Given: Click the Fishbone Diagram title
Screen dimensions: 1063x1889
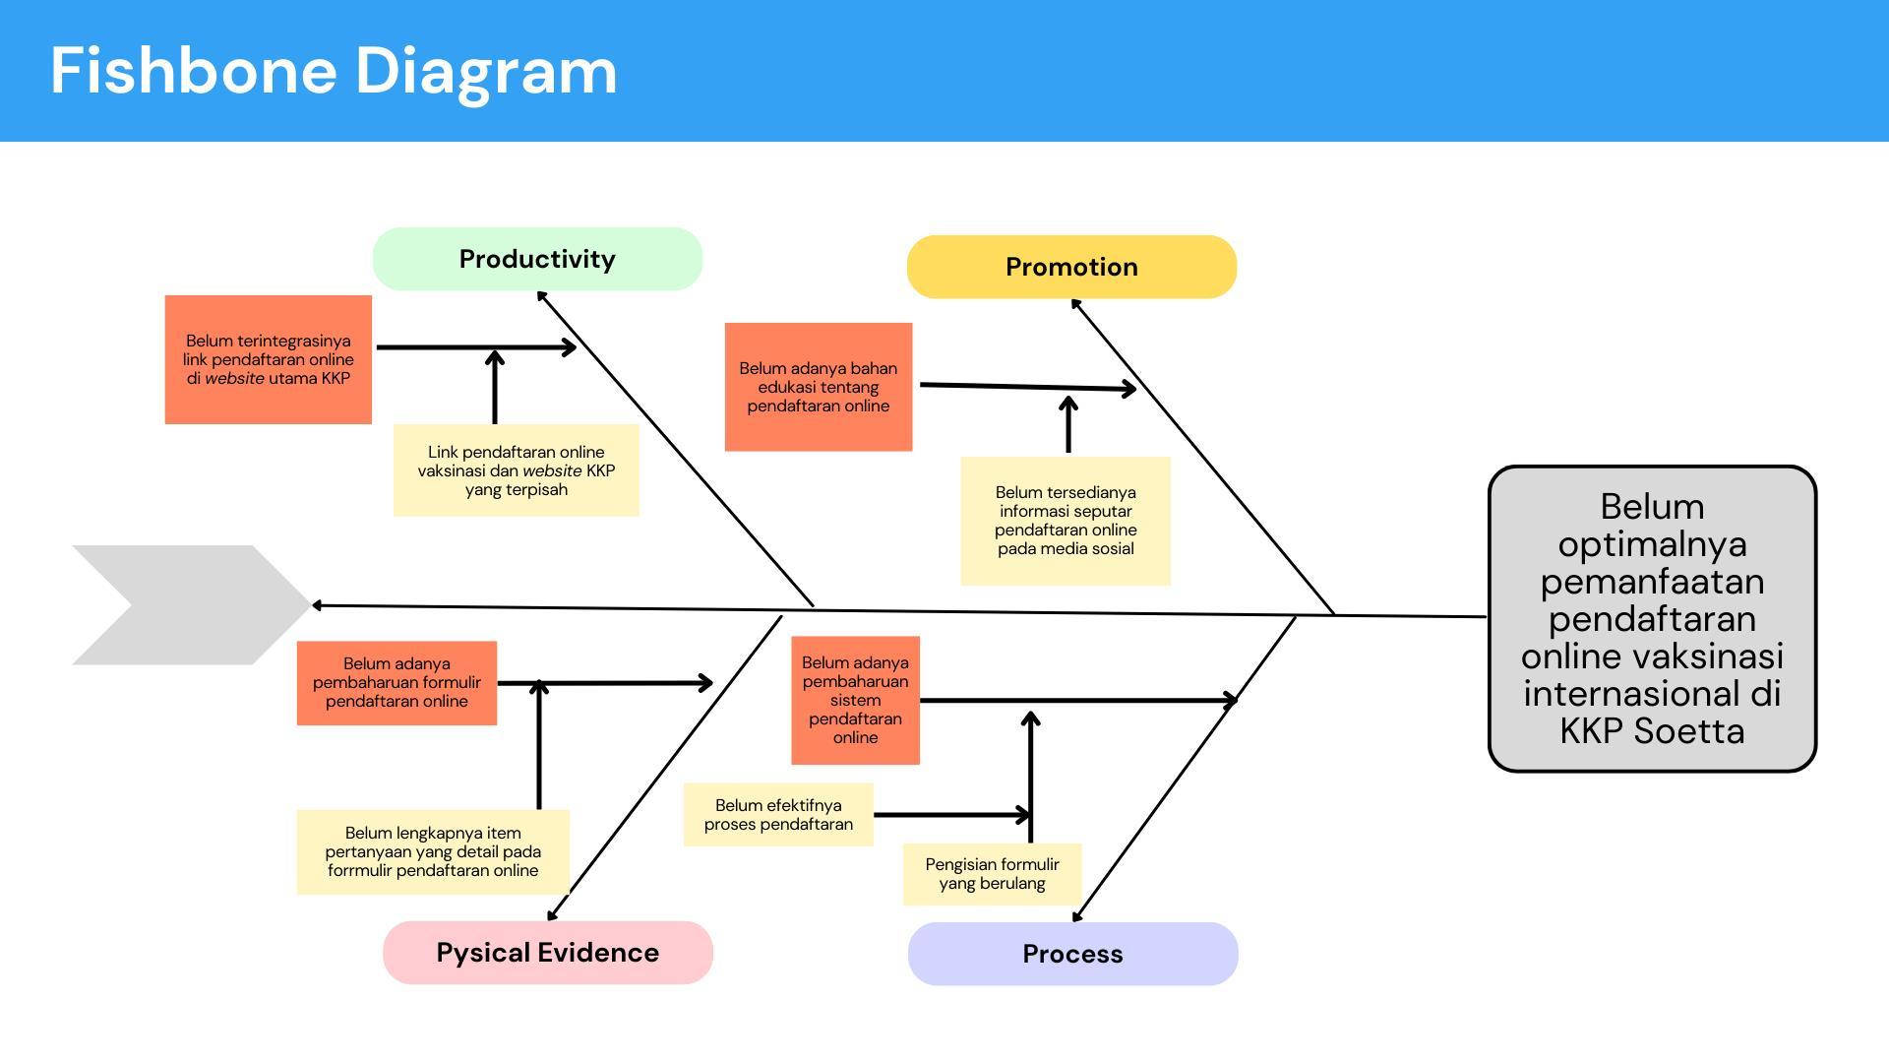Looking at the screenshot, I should pyautogui.click(x=334, y=71).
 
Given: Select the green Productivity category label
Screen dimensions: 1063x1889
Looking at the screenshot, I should pyautogui.click(x=537, y=259).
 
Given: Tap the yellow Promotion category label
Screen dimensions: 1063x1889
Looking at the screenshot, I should pyautogui.click(x=1071, y=267).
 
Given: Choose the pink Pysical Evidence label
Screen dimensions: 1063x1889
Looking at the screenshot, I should pyautogui.click(x=547, y=953).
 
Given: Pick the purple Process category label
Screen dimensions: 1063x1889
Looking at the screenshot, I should pyautogui.click(x=1072, y=954).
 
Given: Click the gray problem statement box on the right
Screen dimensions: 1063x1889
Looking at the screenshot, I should pyautogui.click(x=1652, y=618).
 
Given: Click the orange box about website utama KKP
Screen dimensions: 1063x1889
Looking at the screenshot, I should pyautogui.click(x=268, y=359).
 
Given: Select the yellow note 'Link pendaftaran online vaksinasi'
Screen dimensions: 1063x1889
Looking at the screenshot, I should pyautogui.click(x=516, y=470).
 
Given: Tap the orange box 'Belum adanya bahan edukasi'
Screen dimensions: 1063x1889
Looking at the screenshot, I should pyautogui.click(x=818, y=387).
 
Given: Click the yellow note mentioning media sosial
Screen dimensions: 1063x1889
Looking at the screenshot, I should pyautogui.click(x=1066, y=521).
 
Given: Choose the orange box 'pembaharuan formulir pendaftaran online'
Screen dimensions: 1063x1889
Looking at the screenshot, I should pyautogui.click(x=396, y=683).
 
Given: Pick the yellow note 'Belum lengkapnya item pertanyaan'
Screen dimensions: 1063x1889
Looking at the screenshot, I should pyautogui.click(x=433, y=852).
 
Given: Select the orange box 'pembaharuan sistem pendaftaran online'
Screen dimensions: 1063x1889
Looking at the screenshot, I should pyautogui.click(x=855, y=700).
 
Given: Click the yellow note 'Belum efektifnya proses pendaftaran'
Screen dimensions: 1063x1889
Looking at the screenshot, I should pyautogui.click(x=778, y=815).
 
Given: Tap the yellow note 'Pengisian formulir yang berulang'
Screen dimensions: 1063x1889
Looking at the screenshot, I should pyautogui.click(x=992, y=874).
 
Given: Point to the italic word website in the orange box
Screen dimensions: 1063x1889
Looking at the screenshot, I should pyautogui.click(x=234, y=379).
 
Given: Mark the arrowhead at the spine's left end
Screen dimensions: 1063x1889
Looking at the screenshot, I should pyautogui.click(x=317, y=605).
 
